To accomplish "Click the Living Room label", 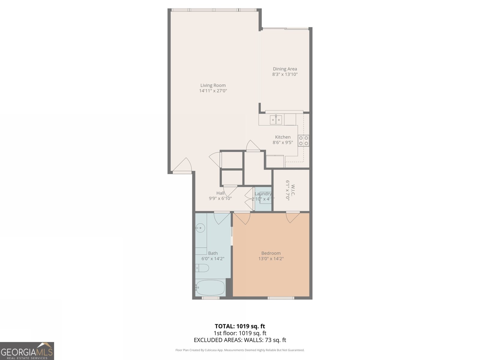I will point(213,85).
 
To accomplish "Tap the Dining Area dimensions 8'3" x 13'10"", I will point(285,74).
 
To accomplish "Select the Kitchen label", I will point(283,137).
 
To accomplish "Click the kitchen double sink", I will point(276,120).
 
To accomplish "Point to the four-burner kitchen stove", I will point(303,141).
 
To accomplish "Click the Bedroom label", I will point(271,253).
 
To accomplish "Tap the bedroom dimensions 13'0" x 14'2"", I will point(271,259).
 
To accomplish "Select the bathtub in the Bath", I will point(210,288).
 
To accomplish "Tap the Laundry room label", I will point(263,194).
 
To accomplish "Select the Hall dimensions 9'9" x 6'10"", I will point(220,198).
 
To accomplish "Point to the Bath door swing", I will point(221,218).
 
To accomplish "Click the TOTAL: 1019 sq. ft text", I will point(240,326).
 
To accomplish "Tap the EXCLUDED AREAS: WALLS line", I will point(240,340).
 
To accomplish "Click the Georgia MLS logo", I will point(27,351).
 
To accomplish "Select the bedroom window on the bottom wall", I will point(281,298).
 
